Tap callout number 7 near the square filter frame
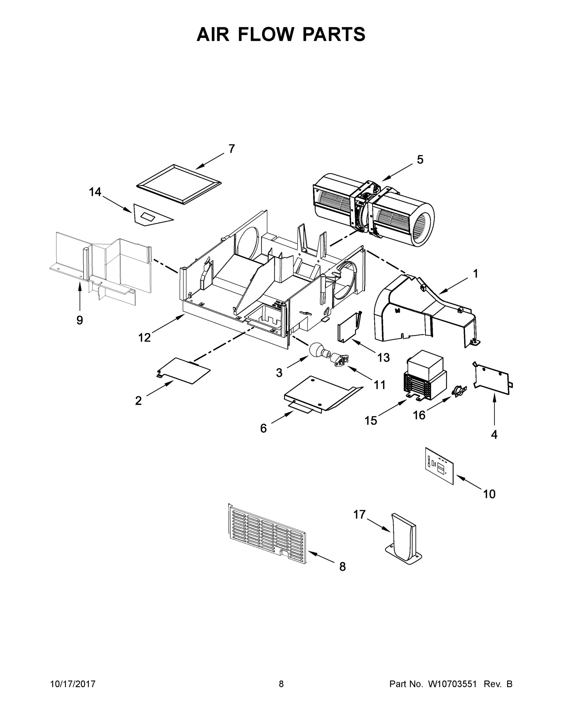232,149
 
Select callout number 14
95,192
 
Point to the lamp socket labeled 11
339,360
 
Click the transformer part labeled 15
424,374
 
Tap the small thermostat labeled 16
459,391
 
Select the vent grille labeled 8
266,535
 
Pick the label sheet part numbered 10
440,465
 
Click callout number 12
145,337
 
